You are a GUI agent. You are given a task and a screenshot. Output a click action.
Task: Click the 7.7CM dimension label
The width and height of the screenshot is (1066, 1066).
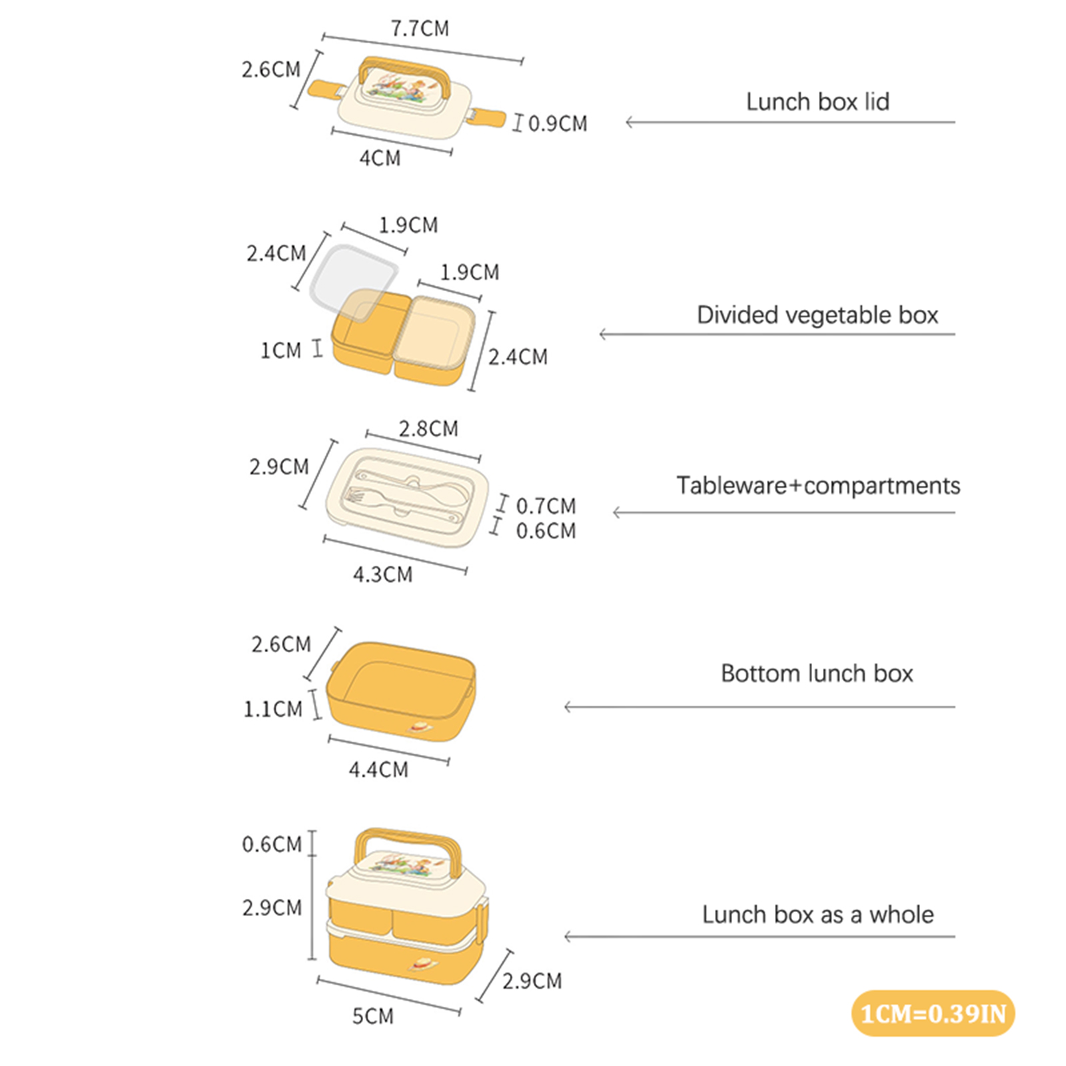tap(420, 29)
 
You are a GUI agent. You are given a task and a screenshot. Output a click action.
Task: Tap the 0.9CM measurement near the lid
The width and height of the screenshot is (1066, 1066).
tap(558, 124)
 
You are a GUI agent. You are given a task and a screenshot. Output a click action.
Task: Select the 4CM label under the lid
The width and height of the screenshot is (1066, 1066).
tap(380, 159)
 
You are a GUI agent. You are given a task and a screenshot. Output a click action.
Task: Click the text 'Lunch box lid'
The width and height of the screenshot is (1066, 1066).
tap(817, 102)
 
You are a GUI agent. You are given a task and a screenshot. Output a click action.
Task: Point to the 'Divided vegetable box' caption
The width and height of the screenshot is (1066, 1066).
tap(817, 315)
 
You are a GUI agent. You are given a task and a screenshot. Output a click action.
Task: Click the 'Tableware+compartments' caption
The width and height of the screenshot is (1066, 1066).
tap(818, 486)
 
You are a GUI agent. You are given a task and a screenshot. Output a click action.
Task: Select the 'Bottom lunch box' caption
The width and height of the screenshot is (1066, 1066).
tap(817, 674)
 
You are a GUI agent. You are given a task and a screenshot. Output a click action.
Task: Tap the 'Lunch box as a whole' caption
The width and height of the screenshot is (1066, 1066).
tap(818, 915)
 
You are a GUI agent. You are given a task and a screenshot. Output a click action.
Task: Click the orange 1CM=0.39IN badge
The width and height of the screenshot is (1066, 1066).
tap(933, 1013)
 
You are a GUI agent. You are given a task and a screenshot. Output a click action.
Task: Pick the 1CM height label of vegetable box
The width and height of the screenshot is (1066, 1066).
tap(280, 350)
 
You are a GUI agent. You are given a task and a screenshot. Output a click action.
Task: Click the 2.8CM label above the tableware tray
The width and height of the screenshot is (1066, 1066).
tap(428, 429)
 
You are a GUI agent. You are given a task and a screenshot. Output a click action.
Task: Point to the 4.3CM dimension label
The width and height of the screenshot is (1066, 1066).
tap(382, 574)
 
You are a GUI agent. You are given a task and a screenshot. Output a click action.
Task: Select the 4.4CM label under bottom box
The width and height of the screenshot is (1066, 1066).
tap(378, 770)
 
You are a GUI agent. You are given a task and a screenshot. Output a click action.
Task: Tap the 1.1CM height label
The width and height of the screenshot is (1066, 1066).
tap(273, 710)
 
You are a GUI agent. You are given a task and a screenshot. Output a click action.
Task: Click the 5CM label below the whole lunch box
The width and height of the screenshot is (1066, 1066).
tap(373, 1017)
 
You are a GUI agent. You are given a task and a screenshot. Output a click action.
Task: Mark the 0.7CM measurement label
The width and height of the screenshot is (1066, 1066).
tap(546, 506)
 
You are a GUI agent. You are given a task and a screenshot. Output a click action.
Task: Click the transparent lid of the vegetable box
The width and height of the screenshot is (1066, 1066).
tap(354, 284)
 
